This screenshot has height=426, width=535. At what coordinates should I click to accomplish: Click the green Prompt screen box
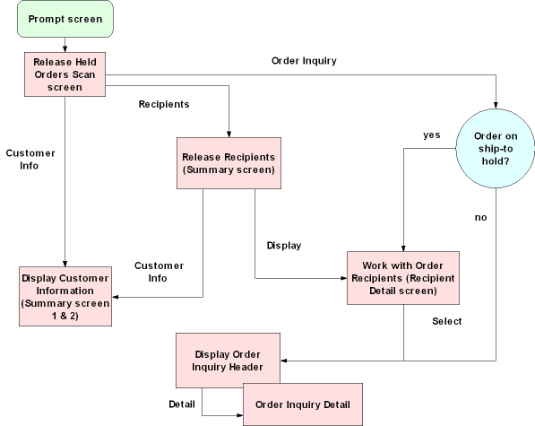65,19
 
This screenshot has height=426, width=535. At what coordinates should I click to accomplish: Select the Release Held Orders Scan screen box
65,74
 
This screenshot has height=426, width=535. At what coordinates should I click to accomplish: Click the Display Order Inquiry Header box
228,359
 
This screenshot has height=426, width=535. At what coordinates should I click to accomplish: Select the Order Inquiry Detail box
303,404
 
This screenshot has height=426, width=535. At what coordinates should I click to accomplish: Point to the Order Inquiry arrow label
304,61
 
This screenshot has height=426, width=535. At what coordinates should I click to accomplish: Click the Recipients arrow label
164,105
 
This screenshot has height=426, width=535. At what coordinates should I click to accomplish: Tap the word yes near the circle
431,135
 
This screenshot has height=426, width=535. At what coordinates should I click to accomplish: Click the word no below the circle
480,217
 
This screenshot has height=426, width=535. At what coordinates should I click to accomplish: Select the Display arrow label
284,245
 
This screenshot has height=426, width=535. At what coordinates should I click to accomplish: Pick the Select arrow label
446,321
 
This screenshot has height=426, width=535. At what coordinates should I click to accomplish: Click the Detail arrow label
182,403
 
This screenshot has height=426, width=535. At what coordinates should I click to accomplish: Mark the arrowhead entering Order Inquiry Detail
239,415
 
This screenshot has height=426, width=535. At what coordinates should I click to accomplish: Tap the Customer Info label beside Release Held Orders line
30,159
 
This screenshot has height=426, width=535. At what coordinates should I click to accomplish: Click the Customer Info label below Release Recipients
159,272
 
